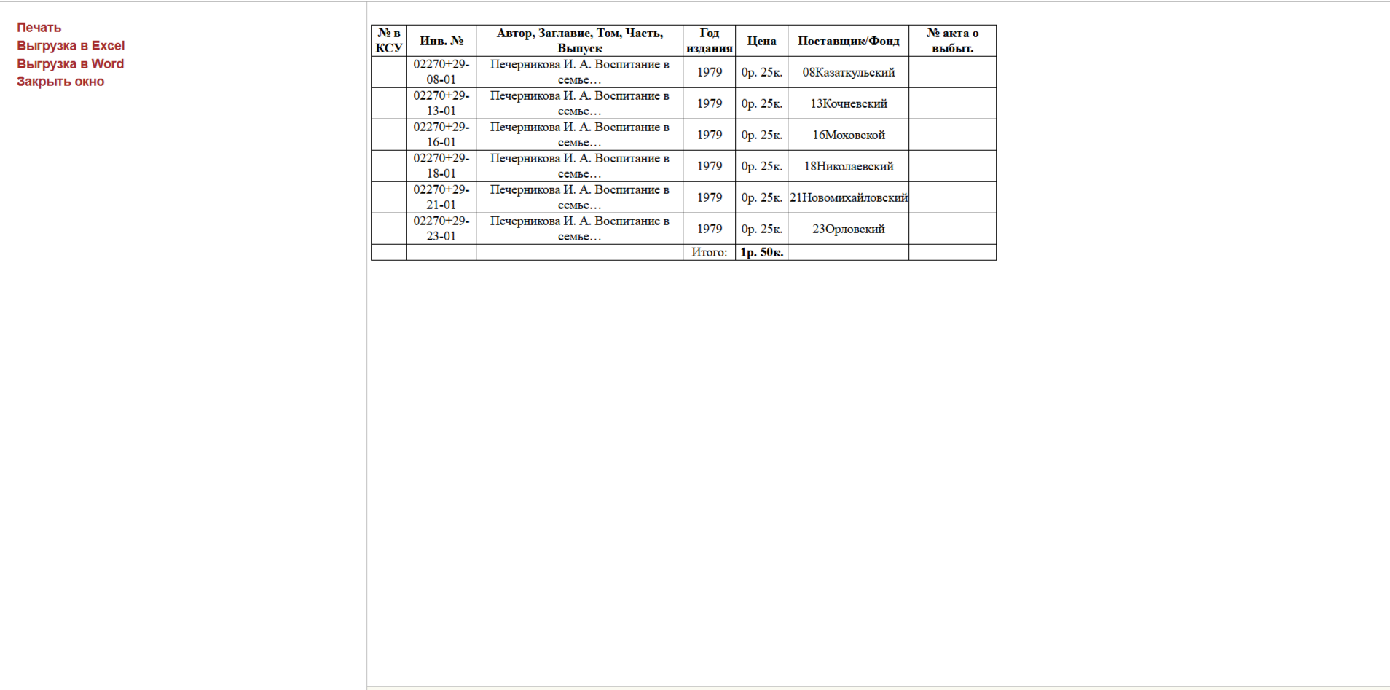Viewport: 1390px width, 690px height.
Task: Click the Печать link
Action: pos(39,28)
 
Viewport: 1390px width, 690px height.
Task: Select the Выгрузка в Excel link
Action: pos(71,46)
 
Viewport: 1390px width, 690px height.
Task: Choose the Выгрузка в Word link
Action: pos(70,64)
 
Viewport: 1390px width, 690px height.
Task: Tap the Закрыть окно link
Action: pos(60,82)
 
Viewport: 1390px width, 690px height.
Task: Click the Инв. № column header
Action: pos(441,41)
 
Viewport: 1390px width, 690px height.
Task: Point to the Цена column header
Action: pos(761,41)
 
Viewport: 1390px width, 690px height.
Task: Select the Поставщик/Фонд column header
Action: pos(848,41)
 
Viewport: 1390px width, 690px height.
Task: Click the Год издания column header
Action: pos(709,41)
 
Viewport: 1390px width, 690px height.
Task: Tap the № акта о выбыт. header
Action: pos(952,41)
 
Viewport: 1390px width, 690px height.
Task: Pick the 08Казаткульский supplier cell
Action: pos(848,72)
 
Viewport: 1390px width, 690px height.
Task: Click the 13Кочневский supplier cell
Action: pos(848,103)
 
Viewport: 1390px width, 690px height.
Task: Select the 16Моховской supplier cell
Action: pos(848,135)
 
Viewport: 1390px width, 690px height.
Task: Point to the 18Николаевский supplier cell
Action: pos(848,166)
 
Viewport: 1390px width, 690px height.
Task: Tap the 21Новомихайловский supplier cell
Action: pos(848,197)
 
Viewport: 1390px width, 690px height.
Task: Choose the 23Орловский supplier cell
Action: pos(848,229)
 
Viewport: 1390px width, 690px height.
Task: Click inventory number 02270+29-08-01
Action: pos(441,72)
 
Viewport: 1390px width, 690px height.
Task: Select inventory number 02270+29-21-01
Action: pos(441,197)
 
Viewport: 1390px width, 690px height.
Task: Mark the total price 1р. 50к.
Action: pos(761,253)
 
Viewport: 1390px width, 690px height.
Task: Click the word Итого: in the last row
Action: pos(709,253)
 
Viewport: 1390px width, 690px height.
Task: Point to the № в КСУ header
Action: pos(388,41)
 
